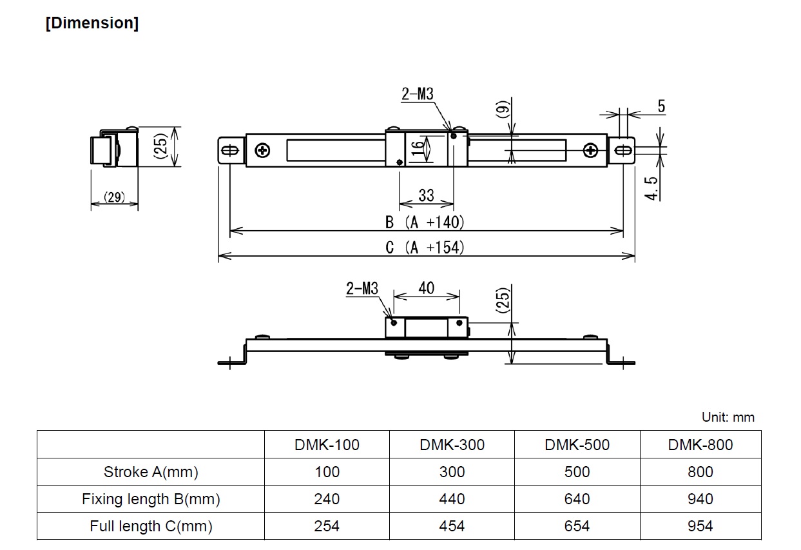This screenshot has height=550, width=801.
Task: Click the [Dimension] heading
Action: [x=92, y=23]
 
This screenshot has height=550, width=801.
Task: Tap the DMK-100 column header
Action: [x=327, y=445]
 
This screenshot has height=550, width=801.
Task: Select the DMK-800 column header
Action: [x=700, y=445]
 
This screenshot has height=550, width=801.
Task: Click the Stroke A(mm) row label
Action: [x=151, y=472]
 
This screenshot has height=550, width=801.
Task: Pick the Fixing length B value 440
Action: [x=452, y=499]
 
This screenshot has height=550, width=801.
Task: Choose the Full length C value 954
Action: [x=700, y=526]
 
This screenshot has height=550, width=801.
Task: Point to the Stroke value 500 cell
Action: [x=577, y=472]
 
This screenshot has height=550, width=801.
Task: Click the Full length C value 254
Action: [x=327, y=526]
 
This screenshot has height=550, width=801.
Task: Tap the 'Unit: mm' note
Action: [x=728, y=417]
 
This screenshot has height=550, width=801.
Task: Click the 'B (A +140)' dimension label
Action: [x=425, y=222]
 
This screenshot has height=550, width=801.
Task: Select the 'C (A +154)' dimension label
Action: [x=425, y=248]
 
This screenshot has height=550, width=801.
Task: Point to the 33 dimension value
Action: [x=426, y=195]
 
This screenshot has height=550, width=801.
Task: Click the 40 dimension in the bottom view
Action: [x=426, y=288]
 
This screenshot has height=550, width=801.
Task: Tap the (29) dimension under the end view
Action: [x=115, y=198]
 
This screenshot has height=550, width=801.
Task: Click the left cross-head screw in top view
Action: [x=262, y=151]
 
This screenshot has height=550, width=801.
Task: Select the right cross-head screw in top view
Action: [x=591, y=151]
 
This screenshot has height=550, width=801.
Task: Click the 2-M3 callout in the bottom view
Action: [x=362, y=288]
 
